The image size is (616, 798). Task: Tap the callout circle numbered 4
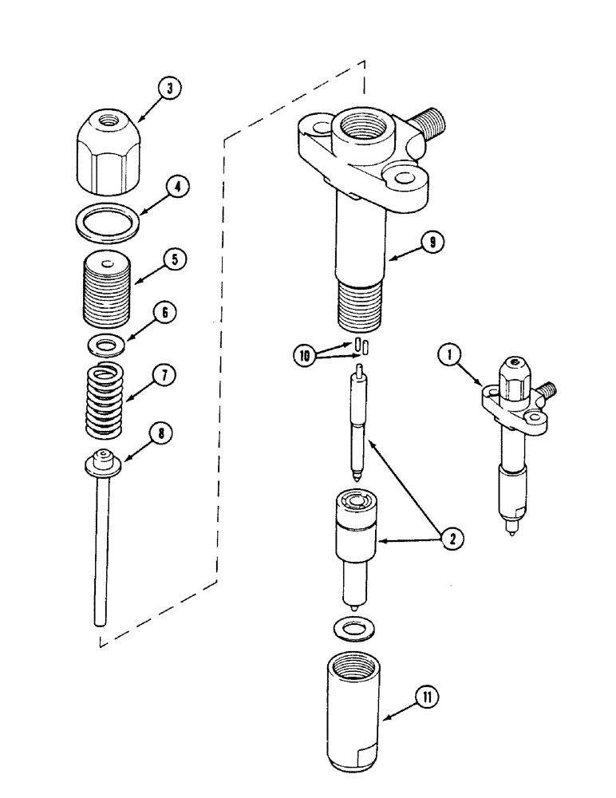(x=178, y=189)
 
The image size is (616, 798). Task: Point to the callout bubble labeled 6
(x=164, y=314)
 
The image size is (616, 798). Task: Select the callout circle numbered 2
(x=451, y=539)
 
